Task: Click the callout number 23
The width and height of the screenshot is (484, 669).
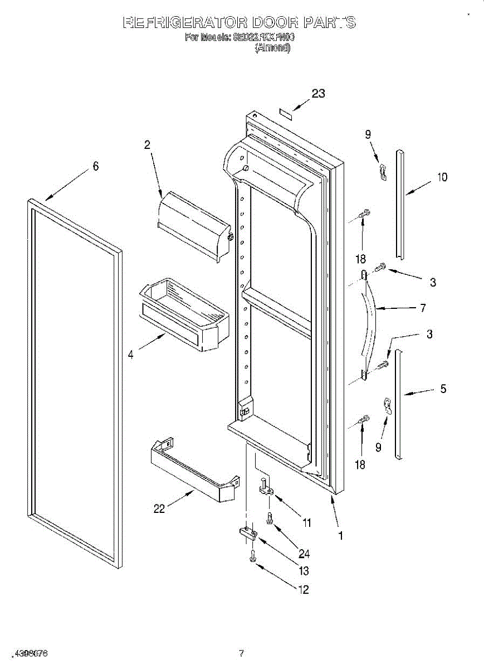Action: coord(318,94)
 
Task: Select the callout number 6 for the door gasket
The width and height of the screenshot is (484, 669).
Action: coord(96,166)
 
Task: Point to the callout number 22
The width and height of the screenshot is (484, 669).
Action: coord(159,509)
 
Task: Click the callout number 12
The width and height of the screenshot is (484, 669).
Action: coord(304,590)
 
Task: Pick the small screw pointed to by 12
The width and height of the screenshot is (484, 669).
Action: coord(253,555)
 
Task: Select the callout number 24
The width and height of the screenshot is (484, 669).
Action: coord(304,554)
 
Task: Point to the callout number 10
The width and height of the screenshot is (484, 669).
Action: coord(442,178)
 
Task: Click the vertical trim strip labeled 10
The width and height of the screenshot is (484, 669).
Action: coord(400,203)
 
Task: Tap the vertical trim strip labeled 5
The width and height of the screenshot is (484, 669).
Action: coord(398,404)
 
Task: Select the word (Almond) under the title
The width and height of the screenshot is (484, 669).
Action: coord(272,48)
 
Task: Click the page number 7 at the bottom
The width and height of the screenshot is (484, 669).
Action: coord(241,653)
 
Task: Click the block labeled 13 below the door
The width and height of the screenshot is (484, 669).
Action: coord(248,534)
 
